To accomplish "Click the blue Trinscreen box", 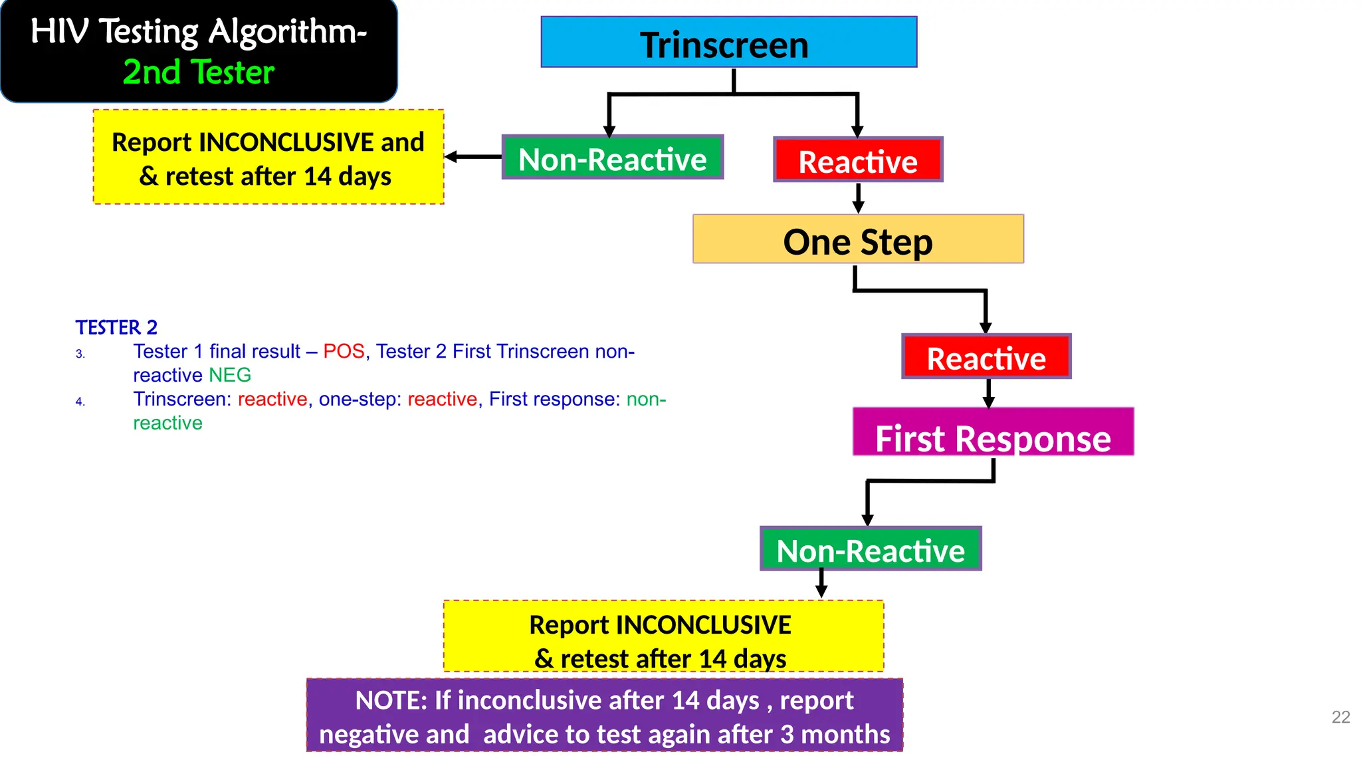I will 728,43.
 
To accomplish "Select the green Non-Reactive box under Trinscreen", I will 612,158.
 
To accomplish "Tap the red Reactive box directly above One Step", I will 857,160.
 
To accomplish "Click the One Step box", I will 857,239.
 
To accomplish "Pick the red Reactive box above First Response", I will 986,357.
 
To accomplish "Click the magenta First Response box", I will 993,433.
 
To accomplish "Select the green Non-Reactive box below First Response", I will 870,549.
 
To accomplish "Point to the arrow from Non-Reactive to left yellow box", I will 472,157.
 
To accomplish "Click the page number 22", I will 1340,717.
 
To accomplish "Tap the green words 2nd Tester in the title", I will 198,72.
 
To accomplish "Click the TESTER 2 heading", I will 116,327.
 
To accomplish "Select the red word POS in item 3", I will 344,351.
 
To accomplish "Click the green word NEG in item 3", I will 230,375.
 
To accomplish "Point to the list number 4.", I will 80,402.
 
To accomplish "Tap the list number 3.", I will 80,354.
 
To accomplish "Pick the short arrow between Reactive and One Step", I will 858,198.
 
